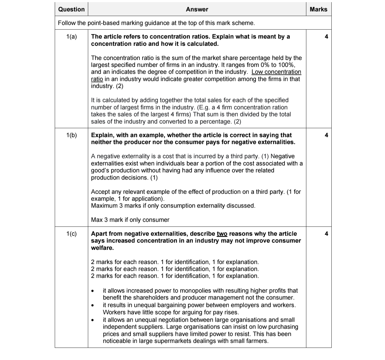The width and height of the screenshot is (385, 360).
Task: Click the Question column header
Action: point(71,9)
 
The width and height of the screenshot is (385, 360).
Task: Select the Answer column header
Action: point(197,9)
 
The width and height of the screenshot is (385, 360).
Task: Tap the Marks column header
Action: point(318,9)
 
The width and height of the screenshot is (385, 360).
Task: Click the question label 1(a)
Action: point(71,37)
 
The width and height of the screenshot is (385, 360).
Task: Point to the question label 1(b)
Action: point(71,135)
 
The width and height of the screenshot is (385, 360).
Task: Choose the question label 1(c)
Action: point(71,234)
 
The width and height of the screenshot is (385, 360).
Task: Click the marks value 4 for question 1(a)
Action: point(326,37)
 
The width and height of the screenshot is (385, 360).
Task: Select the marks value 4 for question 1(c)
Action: point(326,234)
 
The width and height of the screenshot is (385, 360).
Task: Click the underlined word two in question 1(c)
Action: point(222,234)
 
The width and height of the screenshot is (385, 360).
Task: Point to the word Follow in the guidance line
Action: point(67,23)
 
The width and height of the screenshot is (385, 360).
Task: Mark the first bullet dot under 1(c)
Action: point(92,291)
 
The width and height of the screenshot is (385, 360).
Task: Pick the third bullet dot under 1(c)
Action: point(92,320)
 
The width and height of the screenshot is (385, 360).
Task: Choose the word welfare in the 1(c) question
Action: point(102,248)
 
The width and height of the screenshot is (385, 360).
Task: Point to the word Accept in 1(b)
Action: point(101,192)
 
